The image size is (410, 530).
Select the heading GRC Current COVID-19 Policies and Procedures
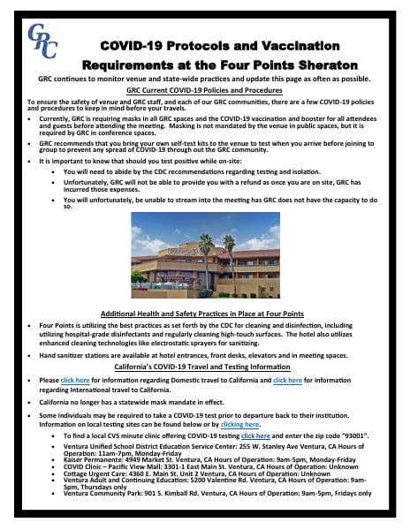click(204, 89)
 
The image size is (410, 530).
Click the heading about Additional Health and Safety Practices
click(204, 314)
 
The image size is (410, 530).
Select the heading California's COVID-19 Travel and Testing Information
click(204, 367)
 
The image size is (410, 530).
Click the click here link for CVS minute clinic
click(255, 436)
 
